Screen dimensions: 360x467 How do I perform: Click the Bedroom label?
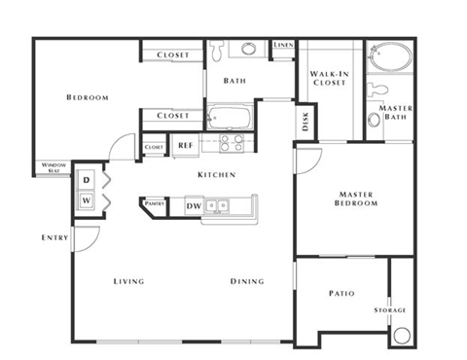pos(87,97)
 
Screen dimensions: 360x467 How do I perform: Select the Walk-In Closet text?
pos(329,79)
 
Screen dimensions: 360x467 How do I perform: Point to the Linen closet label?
pos(283,45)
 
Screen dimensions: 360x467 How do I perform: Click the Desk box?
pos(305,122)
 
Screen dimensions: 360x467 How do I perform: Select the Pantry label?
pos(154,203)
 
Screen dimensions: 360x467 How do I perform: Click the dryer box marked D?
pos(86,180)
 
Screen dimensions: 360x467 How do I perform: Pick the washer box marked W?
pos(86,201)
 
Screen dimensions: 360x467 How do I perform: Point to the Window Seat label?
pos(54,168)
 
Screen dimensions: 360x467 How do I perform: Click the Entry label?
pos(54,237)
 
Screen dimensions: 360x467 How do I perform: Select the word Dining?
pos(245,281)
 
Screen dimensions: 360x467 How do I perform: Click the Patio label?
pos(341,293)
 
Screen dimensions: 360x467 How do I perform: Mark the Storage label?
pos(390,310)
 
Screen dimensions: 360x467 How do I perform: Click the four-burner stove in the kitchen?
pos(232,144)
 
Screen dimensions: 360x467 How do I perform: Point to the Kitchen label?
pos(216,175)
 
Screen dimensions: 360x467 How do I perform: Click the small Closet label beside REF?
pos(153,148)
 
